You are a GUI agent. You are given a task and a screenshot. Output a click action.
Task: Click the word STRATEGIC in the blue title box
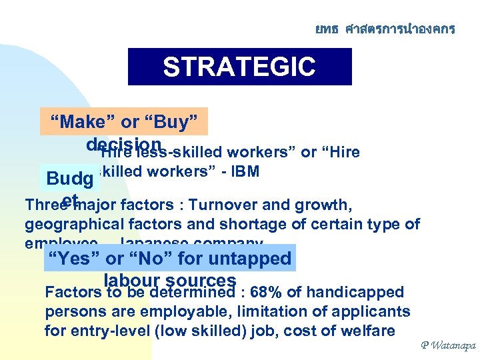239,67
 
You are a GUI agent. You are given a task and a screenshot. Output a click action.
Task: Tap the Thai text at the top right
385,29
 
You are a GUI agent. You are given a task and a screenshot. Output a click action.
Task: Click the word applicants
375,311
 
